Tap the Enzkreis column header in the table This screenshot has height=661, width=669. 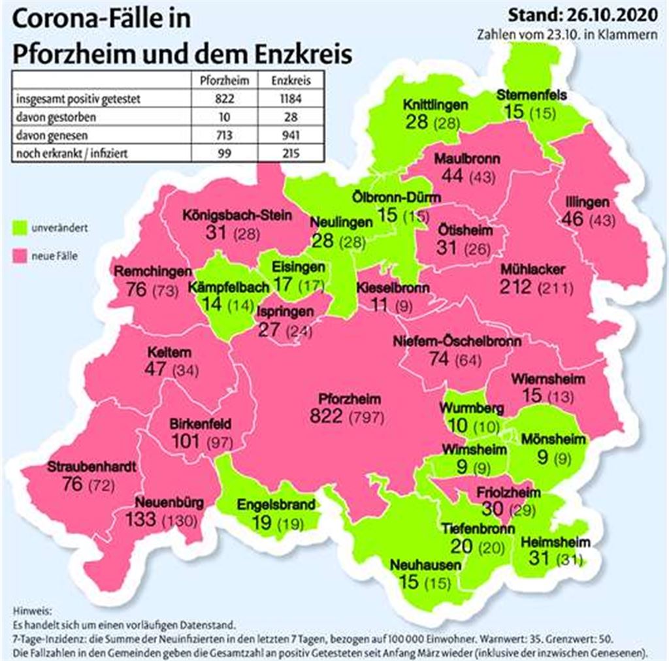pos(286,81)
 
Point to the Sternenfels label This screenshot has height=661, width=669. pos(531,95)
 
